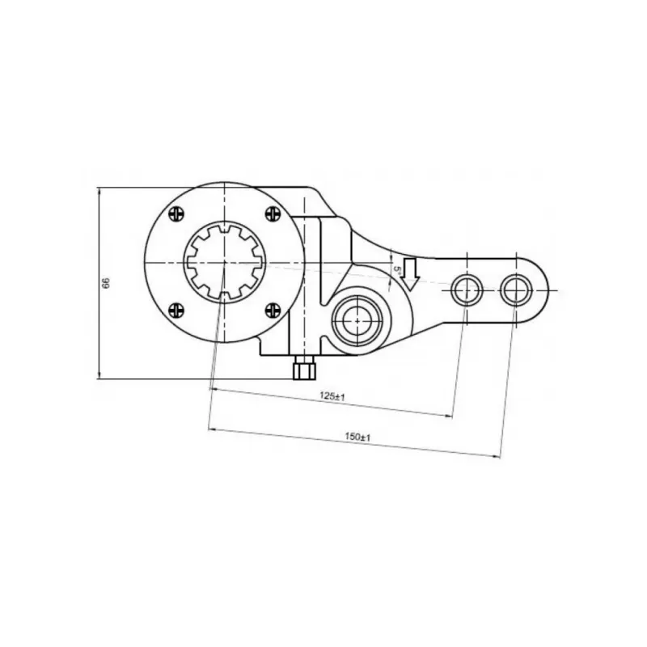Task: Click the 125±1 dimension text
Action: point(332,397)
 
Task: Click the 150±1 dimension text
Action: point(357,437)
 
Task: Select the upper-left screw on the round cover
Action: point(176,214)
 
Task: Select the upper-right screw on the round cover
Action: point(273,214)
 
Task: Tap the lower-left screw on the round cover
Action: point(176,310)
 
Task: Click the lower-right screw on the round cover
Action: point(273,310)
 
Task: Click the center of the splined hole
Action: point(224,262)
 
